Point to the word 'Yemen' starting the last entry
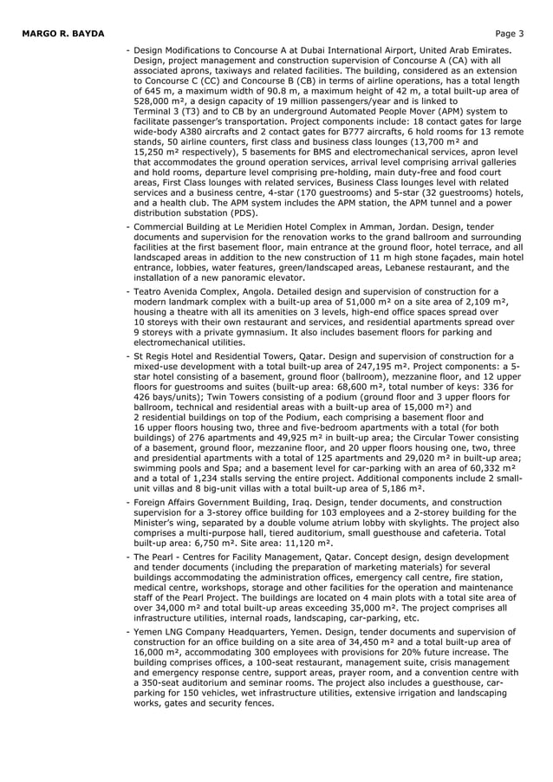[x=150, y=632]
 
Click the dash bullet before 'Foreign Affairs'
[x=128, y=502]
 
